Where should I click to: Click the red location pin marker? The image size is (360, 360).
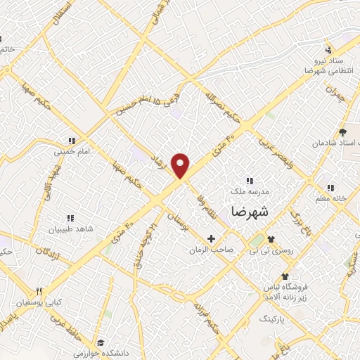(x=182, y=165)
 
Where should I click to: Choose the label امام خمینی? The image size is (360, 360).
(x=70, y=150)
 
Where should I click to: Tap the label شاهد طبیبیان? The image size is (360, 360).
(x=69, y=229)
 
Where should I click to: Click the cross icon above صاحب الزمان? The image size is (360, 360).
(x=211, y=239)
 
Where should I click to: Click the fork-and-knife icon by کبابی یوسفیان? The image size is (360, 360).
(x=39, y=292)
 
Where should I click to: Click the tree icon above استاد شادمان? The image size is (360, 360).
(x=342, y=131)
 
